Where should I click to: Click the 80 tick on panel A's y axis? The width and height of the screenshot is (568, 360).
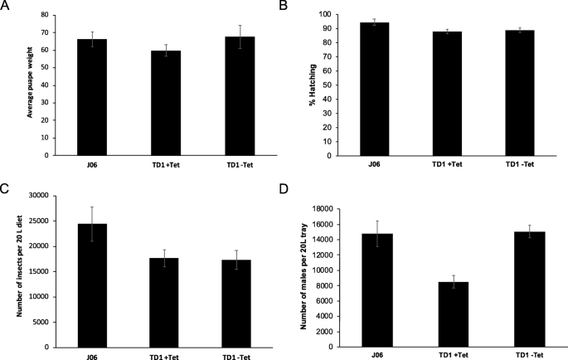pyautogui.click(x=56, y=16)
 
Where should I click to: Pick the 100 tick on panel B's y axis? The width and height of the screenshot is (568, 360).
pyautogui.click(x=342, y=15)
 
